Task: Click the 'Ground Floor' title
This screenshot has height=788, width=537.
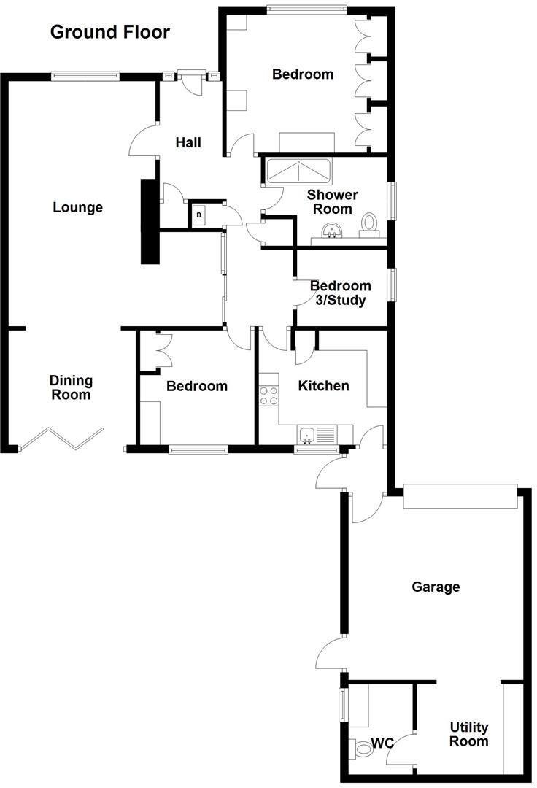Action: click(110, 32)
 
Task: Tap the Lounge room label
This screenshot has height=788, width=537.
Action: click(78, 207)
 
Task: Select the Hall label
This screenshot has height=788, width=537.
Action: click(188, 143)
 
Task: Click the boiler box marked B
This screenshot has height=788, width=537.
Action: click(198, 215)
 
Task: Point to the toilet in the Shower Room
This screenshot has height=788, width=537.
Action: click(370, 225)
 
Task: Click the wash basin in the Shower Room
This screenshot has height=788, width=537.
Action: click(331, 232)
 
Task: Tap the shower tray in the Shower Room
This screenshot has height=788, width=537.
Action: click(298, 171)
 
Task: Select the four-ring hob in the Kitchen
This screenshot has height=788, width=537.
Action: click(268, 395)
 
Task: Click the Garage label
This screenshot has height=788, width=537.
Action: click(436, 587)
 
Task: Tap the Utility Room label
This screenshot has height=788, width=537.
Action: click(468, 734)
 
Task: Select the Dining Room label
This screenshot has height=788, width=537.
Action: click(71, 387)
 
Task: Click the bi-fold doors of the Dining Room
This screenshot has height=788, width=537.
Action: click(61, 439)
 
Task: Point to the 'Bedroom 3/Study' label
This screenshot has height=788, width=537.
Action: click(341, 293)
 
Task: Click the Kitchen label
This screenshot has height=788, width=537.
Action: click(323, 385)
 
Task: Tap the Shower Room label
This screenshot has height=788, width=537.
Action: click(333, 201)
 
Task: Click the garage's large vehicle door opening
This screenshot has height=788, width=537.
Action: click(460, 497)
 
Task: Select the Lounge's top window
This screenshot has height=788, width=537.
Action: click(85, 77)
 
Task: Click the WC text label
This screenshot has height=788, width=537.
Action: click(382, 743)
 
